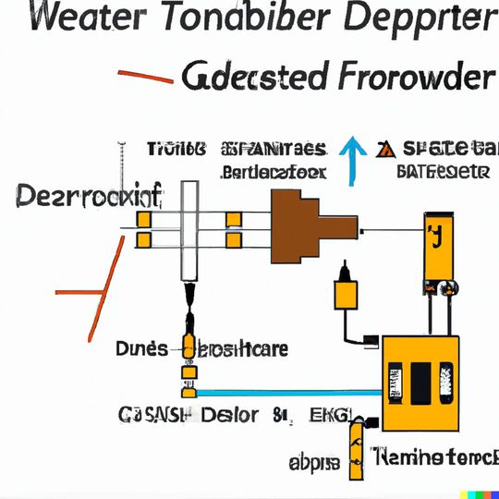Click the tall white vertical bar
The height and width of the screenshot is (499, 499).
click(189, 231)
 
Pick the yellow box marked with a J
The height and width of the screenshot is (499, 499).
click(433, 245)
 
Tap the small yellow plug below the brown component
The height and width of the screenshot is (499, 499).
click(346, 292)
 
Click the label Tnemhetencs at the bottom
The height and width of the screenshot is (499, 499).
click(434, 456)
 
